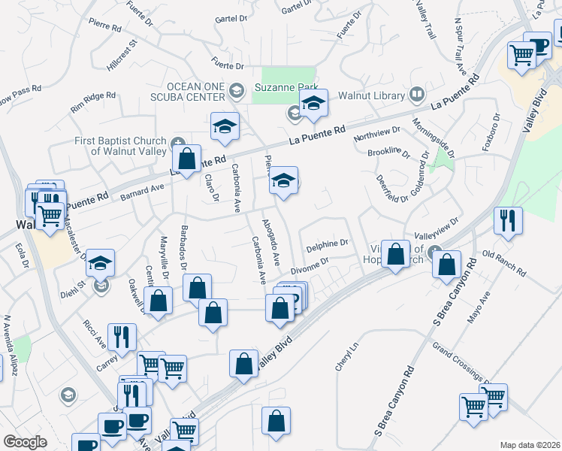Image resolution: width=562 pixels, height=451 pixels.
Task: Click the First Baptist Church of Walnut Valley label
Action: click(x=120, y=146)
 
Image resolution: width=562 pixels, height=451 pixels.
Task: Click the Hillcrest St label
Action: click(x=123, y=56)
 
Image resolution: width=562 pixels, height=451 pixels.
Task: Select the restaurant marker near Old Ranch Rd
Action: click(x=509, y=221)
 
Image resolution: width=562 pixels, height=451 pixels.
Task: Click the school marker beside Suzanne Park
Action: click(x=313, y=104)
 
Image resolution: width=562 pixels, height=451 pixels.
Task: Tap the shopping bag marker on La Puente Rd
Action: click(x=187, y=159)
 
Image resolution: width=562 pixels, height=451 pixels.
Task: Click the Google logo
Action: click(x=25, y=442)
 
